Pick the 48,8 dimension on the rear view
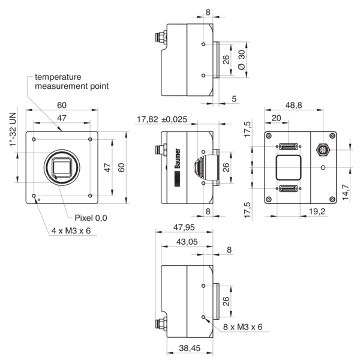tap(293, 106)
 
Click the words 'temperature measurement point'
tap(71, 82)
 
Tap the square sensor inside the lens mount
tap(62, 166)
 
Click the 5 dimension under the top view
tap(233, 98)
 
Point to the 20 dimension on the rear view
tap(277, 118)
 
